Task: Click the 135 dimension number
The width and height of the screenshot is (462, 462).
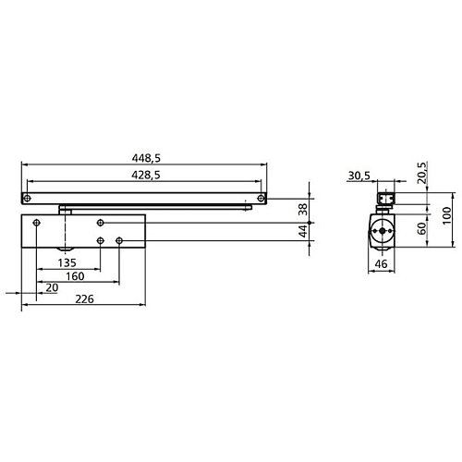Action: pyautogui.click(x=67, y=261)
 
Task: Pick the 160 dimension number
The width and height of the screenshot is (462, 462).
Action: pyautogui.click(x=76, y=276)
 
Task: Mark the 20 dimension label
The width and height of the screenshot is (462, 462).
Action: pyautogui.click(x=50, y=288)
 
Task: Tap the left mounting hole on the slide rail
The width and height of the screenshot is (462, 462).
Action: pyautogui.click(x=29, y=198)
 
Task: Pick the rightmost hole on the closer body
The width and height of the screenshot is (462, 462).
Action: pyautogui.click(x=120, y=241)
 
